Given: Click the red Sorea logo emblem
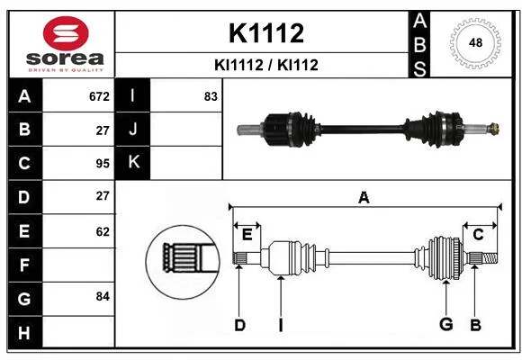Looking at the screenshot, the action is click(66, 33).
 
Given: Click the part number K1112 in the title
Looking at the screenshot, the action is click(266, 33).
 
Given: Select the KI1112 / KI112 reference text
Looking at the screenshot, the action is click(266, 65).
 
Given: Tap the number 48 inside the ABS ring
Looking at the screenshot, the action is click(475, 42).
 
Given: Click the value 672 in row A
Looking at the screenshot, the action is click(99, 96).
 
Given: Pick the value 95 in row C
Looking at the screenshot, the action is click(103, 164).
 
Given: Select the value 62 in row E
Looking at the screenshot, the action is click(103, 231).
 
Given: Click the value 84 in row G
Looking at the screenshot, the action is click(103, 296).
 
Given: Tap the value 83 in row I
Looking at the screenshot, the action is click(211, 96).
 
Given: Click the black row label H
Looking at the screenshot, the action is click(25, 332).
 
